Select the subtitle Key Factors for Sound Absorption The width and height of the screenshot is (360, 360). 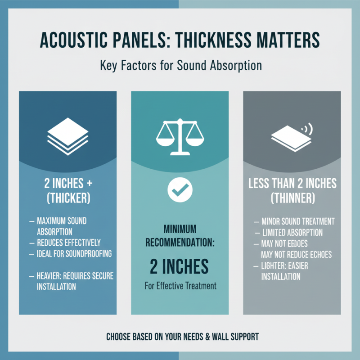coord(180,65)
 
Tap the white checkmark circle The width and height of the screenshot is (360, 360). coord(180,191)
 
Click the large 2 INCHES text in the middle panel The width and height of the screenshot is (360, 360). coord(180,266)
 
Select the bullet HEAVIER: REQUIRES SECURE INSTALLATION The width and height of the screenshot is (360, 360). coord(75,280)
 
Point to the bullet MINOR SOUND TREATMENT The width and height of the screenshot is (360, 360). coord(297,221)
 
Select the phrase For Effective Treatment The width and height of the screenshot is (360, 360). coord(180,285)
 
